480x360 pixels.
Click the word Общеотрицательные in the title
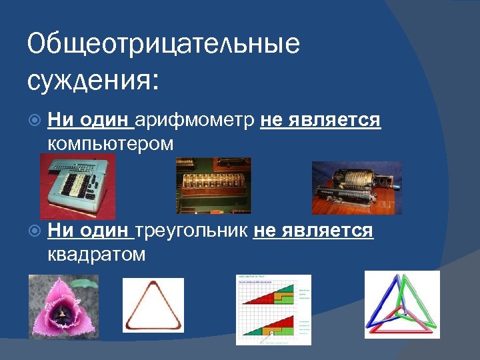coord(163,45)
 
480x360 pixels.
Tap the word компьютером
coord(111,143)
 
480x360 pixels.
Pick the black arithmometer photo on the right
coord(356,187)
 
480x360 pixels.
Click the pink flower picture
coord(63,306)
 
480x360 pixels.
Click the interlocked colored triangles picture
coord(401,304)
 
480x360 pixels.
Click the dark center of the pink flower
coord(64,315)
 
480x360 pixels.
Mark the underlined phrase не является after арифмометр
coord(320,121)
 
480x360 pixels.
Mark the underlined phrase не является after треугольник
coord(313,231)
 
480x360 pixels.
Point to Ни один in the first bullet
coord(90,121)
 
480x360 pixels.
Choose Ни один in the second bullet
coord(90,231)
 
